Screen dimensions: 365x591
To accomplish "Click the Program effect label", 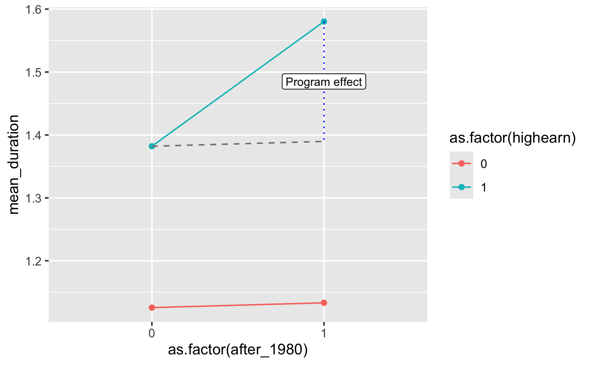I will [324, 82].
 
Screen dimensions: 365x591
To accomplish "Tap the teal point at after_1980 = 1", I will [324, 22].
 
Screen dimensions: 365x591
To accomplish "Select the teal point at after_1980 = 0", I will [152, 146].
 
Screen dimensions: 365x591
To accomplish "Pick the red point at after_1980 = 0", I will [152, 308].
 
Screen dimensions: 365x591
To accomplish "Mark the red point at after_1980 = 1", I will [324, 303].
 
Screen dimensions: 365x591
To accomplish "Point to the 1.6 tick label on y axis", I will [34, 10].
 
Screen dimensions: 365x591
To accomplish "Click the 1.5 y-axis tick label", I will [34, 72].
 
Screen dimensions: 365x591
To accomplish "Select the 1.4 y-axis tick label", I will [34, 135].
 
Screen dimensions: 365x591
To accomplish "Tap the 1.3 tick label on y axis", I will [34, 198].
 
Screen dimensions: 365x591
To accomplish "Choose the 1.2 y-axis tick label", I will [34, 261].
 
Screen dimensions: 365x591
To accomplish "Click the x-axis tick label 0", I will [152, 333].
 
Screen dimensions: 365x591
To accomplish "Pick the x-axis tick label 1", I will [324, 333].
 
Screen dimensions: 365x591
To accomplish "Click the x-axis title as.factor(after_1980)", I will [238, 350].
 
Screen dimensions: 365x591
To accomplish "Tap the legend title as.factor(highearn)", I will [512, 138].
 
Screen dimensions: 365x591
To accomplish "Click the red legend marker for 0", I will [461, 164].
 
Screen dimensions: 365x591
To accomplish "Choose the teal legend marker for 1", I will [461, 187].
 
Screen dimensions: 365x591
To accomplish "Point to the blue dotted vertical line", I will [324, 113].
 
